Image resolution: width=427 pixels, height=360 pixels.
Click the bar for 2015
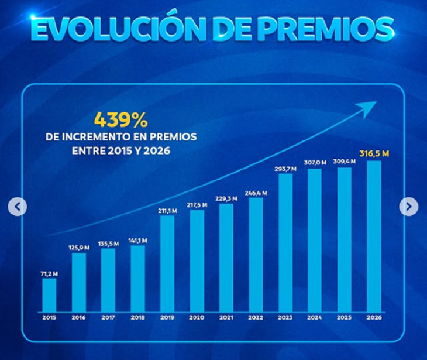(49, 294)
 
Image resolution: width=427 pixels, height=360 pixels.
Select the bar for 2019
(167, 263)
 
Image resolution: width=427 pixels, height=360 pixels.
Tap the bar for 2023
(285, 242)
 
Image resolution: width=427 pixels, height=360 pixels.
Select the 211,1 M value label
(167, 211)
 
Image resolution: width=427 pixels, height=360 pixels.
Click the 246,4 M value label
(256, 192)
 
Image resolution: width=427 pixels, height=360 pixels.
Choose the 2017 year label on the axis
(108, 318)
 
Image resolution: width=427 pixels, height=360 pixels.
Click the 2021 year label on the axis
(226, 318)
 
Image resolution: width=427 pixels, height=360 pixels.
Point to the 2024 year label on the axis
(315, 318)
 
